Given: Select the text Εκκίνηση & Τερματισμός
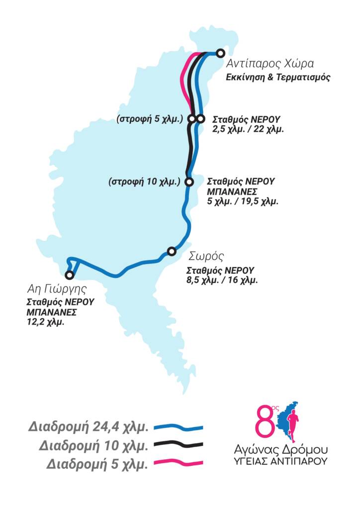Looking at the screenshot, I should (278, 78).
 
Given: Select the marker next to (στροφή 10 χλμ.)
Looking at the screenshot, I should (189, 182).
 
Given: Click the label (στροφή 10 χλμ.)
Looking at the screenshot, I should (144, 182).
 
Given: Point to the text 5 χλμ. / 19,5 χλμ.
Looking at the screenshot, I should (243, 201).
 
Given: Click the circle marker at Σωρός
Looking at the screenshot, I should (172, 252).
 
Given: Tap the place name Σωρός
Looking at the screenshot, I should (206, 257).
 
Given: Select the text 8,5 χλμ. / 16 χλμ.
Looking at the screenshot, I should (222, 280).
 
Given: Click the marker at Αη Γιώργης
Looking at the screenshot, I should (70, 275).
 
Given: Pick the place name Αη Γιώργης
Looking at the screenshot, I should (57, 289).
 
